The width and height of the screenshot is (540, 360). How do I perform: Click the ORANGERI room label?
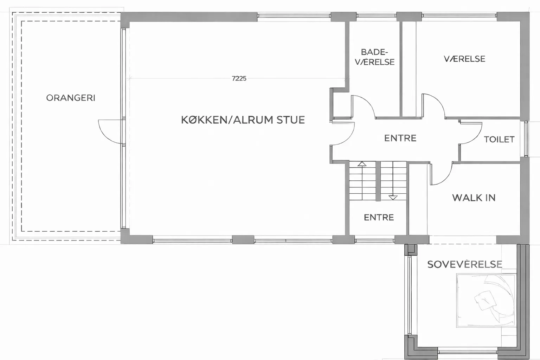pos(71,98)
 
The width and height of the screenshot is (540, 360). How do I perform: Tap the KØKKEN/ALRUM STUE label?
pos(243,120)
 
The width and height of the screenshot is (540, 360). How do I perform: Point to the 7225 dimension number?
pos(239,78)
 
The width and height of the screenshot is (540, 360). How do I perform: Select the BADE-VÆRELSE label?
pos(375,57)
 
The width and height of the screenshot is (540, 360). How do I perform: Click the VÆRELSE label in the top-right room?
pos(464,59)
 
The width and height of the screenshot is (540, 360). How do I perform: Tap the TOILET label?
pos(499,139)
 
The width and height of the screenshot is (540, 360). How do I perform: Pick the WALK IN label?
pos(474,198)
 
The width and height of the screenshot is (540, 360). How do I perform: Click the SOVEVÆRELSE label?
pos(465,264)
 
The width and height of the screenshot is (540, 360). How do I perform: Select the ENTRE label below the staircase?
pos(379,218)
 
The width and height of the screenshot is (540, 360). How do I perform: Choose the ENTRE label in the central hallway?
pos(400,138)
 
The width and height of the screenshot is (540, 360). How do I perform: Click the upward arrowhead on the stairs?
pos(362,164)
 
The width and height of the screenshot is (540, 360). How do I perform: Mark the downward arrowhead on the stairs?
pos(393,198)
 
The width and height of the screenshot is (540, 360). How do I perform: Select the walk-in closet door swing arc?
pos(446,179)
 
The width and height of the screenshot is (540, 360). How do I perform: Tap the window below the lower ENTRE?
pos(375,240)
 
